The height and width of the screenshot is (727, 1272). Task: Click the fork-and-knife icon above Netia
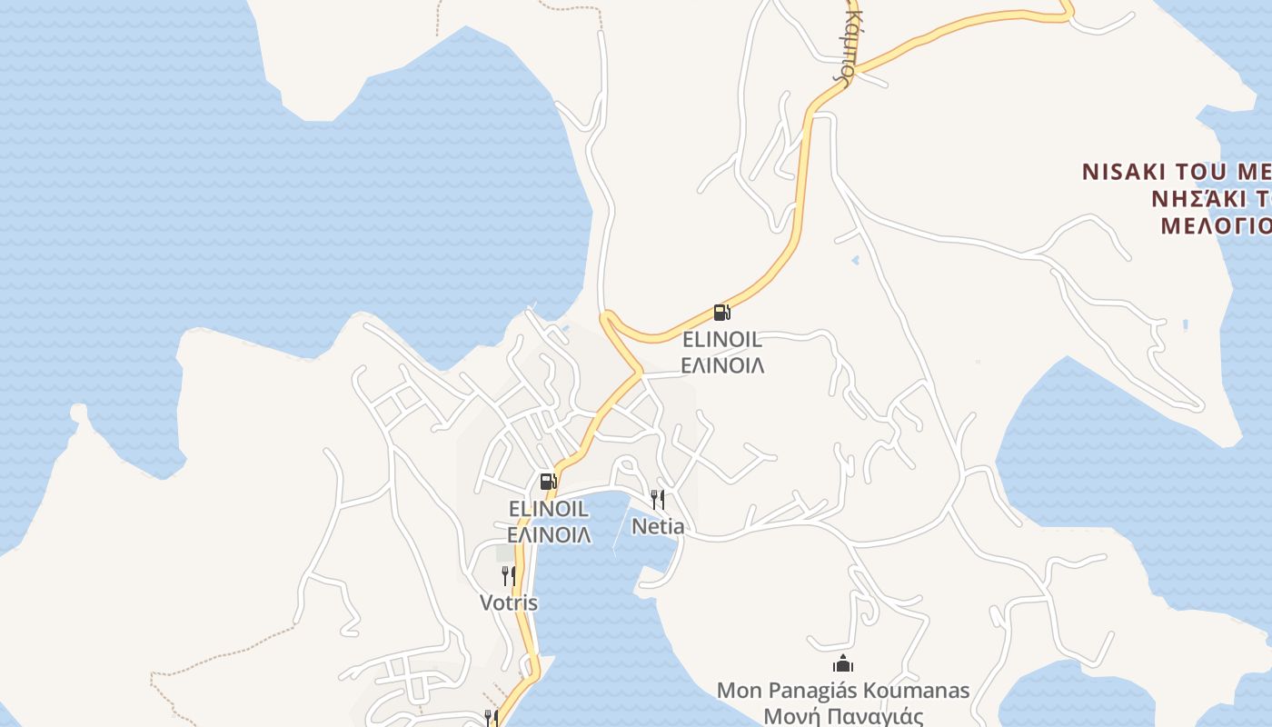[658, 499]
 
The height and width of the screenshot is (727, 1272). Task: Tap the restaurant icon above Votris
[508, 575]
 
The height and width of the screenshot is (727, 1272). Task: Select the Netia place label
[658, 526]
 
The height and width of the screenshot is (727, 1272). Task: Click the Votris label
[508, 603]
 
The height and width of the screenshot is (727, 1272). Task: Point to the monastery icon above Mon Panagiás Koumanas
[843, 664]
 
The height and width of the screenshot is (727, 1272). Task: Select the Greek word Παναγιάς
[876, 716]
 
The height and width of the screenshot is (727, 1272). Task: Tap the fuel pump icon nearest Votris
[548, 482]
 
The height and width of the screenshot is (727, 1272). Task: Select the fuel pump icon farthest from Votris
[721, 314]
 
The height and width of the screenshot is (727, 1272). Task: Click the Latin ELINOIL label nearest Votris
[548, 509]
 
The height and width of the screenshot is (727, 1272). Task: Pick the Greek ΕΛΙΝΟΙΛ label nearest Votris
[548, 534]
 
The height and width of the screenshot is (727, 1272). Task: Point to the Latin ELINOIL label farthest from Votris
[721, 341]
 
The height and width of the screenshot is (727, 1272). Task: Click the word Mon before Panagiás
[737, 691]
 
